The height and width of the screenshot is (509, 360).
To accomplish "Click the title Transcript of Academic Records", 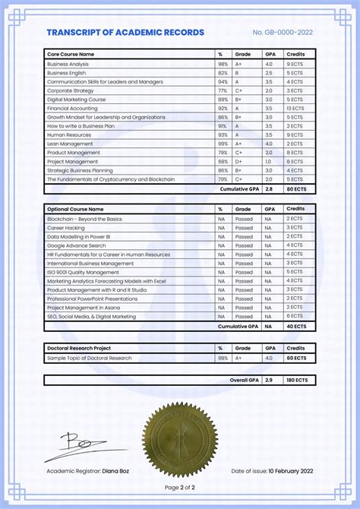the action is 125,33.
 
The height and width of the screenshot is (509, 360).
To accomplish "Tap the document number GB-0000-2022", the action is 283,33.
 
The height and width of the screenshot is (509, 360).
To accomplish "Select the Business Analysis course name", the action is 68,64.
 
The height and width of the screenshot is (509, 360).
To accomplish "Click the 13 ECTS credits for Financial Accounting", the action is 295,109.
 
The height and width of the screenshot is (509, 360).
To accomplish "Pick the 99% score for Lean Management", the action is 223,144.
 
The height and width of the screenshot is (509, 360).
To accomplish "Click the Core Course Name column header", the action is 71,55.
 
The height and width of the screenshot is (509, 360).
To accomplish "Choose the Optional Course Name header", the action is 75,209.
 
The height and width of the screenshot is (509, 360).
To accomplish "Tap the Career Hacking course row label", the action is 66,227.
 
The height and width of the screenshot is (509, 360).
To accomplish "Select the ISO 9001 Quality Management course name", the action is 83,271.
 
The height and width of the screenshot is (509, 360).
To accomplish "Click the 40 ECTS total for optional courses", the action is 295,326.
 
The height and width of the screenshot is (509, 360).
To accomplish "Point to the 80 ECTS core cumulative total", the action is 295,188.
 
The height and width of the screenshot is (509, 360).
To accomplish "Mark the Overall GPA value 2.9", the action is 268,379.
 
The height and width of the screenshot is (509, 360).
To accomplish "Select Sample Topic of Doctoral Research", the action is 89,358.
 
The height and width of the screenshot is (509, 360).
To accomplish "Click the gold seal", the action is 179,441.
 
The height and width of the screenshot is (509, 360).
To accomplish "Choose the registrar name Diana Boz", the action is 115,472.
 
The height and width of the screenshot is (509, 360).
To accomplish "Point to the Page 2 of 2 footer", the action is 179,487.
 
